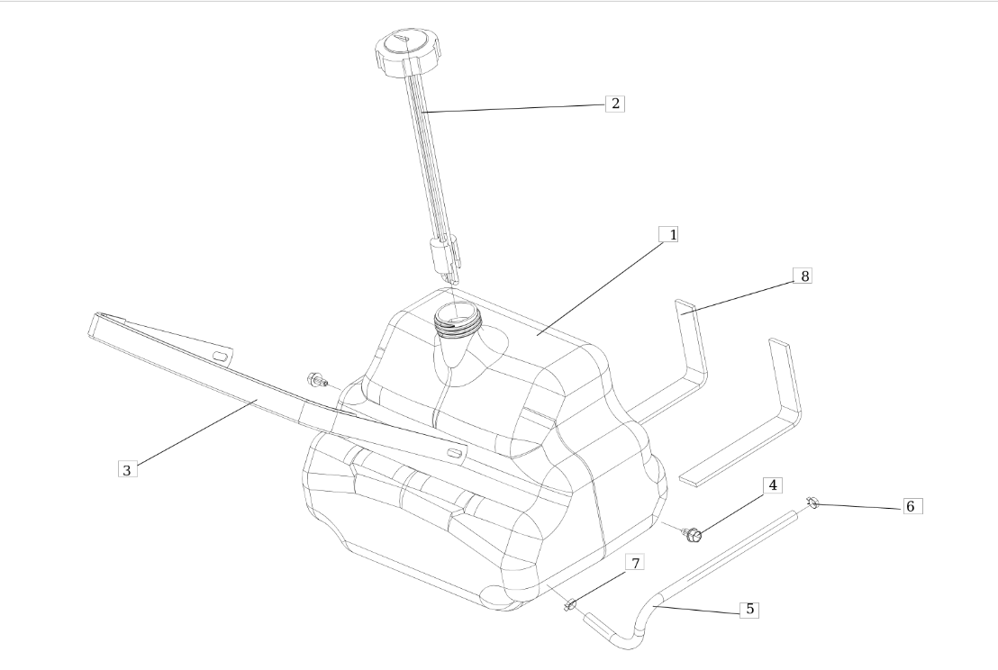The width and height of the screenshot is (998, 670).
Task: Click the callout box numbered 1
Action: tap(668, 234)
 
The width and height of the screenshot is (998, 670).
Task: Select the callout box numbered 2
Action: tap(615, 104)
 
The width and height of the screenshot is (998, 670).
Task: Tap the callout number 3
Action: tap(127, 470)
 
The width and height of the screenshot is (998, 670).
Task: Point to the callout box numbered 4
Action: tap(773, 485)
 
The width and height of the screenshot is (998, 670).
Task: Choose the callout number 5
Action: tap(749, 609)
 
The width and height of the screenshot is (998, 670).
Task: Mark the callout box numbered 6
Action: tap(912, 506)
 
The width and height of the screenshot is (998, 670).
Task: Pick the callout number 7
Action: tap(635, 562)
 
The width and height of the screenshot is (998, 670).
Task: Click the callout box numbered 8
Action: tap(803, 276)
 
